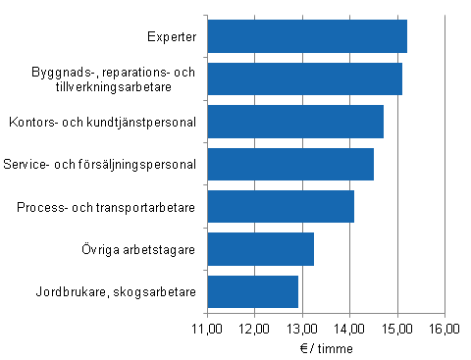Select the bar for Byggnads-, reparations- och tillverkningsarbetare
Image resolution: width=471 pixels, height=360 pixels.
pos(304,78)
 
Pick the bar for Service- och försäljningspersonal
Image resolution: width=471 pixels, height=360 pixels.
pos(290,164)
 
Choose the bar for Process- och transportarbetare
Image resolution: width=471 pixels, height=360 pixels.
pos(281,207)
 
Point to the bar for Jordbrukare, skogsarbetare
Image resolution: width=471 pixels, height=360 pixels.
pos(252,291)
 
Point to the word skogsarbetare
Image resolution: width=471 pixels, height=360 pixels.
pos(162,291)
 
